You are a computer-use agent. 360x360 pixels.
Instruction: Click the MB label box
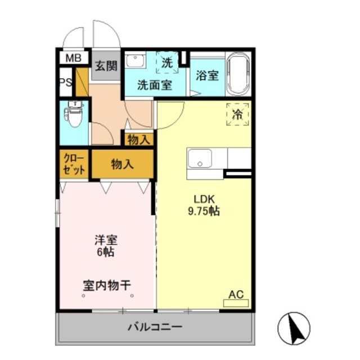coord(73,58)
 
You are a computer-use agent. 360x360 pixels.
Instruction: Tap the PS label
coord(66,82)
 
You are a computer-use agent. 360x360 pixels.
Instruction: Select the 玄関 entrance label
coord(106,65)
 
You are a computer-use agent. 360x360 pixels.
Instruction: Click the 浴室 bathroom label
coord(207,75)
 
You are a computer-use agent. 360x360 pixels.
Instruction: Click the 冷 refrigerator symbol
coord(238,115)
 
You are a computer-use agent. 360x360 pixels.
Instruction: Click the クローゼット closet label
coord(74,163)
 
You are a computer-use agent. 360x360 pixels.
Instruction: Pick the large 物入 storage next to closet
coord(122,164)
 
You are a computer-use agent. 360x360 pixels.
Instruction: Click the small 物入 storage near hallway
coord(138,139)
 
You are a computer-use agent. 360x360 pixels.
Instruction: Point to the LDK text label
coord(204,199)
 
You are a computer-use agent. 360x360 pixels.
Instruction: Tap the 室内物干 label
coord(107,285)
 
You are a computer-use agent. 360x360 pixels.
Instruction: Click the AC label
coord(236,294)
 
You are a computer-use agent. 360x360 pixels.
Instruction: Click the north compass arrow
coord(294,328)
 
